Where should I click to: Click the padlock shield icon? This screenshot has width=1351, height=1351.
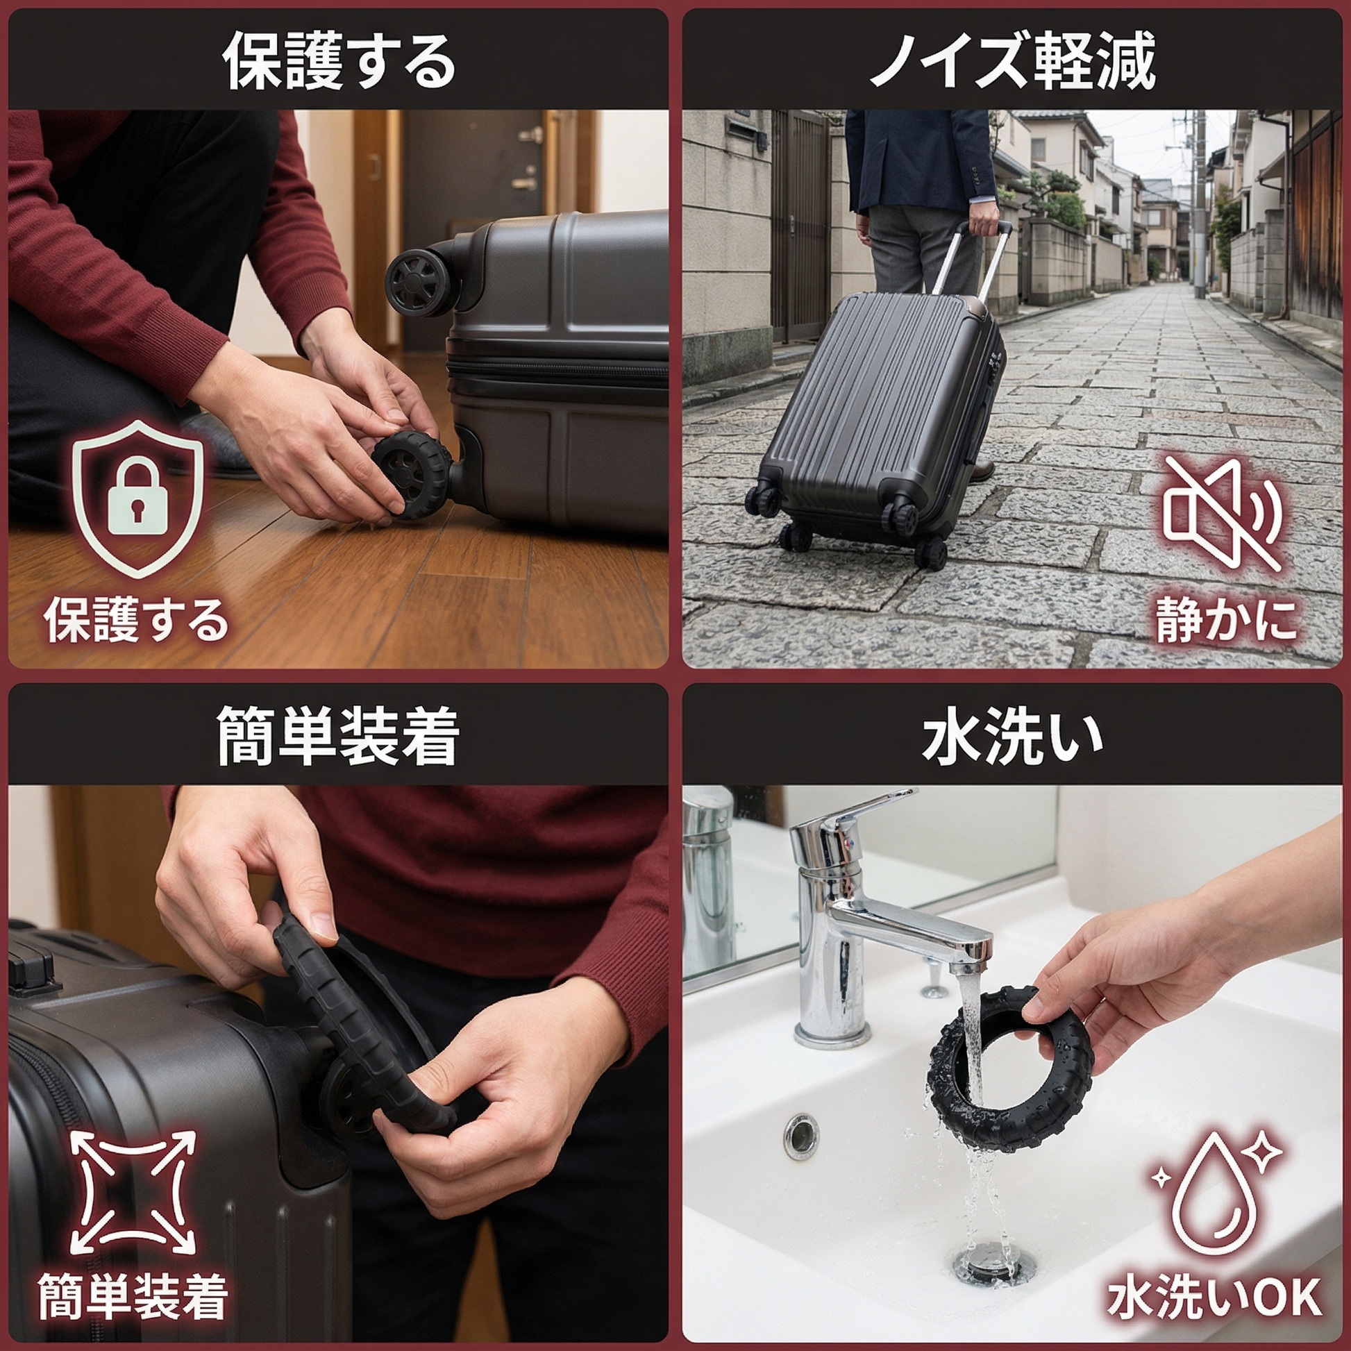tap(138, 498)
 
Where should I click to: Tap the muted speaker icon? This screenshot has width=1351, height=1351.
tap(1221, 513)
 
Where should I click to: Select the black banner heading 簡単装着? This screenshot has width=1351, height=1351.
tap(337, 737)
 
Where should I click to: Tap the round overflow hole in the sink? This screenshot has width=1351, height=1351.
tap(800, 1136)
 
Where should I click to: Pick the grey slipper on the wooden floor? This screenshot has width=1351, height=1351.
tap(218, 442)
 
